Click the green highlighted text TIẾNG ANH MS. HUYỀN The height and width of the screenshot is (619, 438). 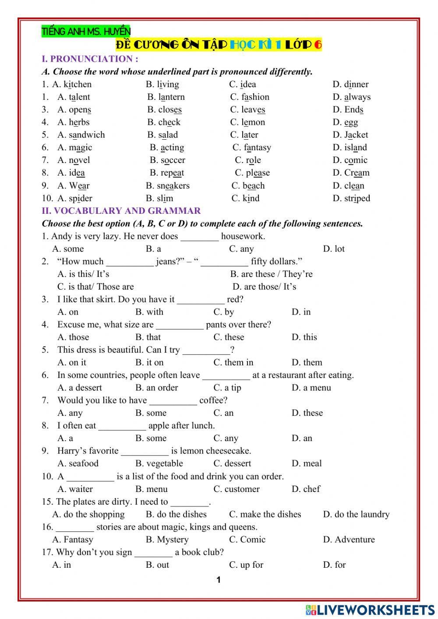click(86, 32)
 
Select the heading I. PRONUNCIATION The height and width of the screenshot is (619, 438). click(90, 59)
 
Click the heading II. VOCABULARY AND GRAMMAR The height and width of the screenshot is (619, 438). click(121, 211)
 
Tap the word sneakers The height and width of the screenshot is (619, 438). click(173, 186)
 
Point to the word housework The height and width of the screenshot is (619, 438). click(243, 237)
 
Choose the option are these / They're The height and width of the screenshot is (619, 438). click(271, 274)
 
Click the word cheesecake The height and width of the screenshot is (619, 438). click(228, 451)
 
